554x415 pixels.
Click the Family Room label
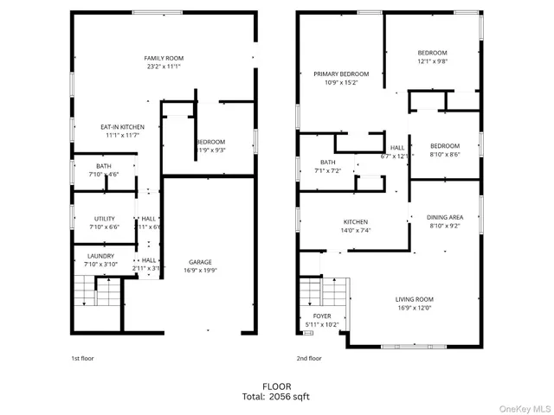(x=164, y=58)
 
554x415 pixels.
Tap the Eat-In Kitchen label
(x=122, y=127)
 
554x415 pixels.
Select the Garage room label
(x=201, y=262)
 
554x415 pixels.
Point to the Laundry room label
(x=101, y=256)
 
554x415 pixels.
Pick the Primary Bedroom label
(x=341, y=74)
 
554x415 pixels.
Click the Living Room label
(x=415, y=299)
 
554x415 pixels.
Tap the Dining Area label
(x=445, y=217)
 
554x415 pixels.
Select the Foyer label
(x=322, y=316)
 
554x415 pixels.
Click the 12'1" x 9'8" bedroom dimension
(x=432, y=61)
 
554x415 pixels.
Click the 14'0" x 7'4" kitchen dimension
(x=355, y=231)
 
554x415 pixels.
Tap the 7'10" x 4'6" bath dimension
(x=104, y=175)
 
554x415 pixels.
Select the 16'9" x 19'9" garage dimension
(x=201, y=271)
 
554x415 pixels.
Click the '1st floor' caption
(x=84, y=357)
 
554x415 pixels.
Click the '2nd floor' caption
(x=309, y=357)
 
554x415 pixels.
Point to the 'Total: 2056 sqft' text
(x=277, y=396)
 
